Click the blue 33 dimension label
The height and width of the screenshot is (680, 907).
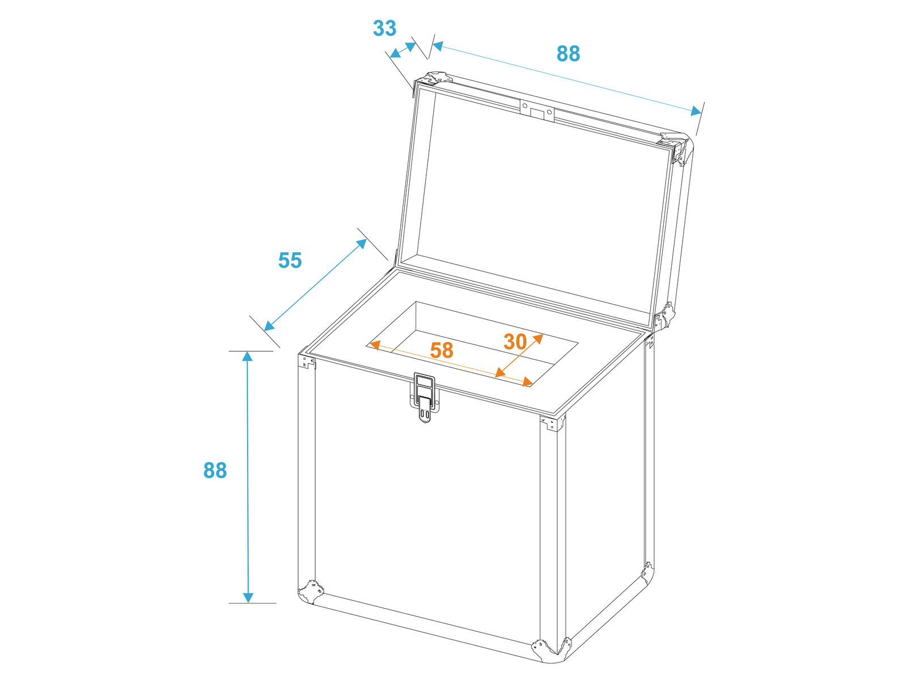coord(384,28)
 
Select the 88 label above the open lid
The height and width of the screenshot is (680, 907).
coord(568,53)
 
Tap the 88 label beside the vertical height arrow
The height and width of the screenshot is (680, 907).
coord(215,470)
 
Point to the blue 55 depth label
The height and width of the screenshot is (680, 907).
coord(290,260)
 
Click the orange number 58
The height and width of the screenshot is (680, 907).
coord(441,350)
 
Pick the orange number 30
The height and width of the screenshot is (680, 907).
coord(515,342)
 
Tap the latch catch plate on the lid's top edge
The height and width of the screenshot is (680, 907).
coord(537,110)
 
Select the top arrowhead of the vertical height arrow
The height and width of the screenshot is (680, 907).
coord(247,356)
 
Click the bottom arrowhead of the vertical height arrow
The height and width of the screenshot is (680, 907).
coord(248,597)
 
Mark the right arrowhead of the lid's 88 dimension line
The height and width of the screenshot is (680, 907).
coord(696,110)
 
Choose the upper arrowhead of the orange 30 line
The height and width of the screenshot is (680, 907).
coord(539,338)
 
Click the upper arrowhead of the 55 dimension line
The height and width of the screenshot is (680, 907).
coord(362,244)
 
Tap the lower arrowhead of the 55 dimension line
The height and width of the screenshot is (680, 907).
coord(269,326)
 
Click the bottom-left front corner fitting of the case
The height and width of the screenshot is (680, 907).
coord(311,592)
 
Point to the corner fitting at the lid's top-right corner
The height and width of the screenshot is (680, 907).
coord(676,147)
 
